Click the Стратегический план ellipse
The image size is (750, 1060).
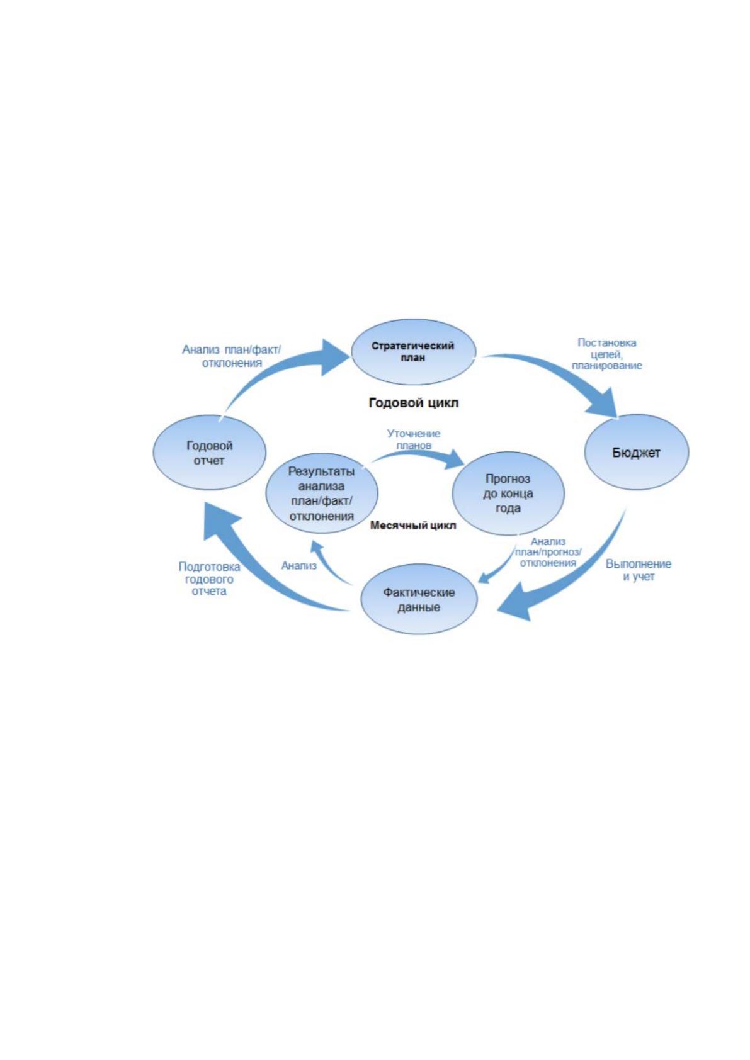(x=413, y=352)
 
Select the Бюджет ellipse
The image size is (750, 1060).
(x=637, y=453)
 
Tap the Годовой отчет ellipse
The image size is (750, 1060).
(x=209, y=453)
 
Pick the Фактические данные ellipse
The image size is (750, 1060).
(x=419, y=599)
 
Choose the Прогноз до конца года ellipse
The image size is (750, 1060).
(x=508, y=493)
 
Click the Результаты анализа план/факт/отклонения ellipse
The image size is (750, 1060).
(x=322, y=493)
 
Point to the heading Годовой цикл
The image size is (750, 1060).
(x=413, y=403)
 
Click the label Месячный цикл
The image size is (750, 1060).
(x=413, y=525)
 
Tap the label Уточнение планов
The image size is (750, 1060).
(x=413, y=439)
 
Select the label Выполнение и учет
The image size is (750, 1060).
(x=639, y=570)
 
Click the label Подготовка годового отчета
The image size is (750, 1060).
(x=209, y=578)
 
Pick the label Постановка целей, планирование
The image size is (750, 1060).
(x=606, y=354)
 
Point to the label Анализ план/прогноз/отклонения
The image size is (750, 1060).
(x=548, y=552)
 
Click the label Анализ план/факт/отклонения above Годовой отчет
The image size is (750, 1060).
(x=232, y=356)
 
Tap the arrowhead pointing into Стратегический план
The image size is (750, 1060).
(x=334, y=358)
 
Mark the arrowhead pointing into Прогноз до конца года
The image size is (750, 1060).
(x=455, y=459)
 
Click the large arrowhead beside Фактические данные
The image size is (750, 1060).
(x=514, y=602)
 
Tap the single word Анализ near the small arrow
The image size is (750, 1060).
(x=298, y=565)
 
